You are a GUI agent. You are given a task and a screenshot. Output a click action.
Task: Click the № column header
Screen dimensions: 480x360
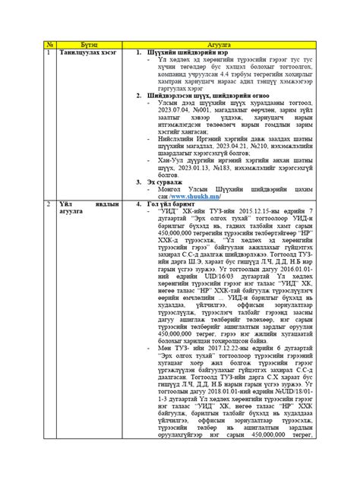click(51, 45)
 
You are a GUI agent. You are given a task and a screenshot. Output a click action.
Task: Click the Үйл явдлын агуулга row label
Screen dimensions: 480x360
click(84, 209)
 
